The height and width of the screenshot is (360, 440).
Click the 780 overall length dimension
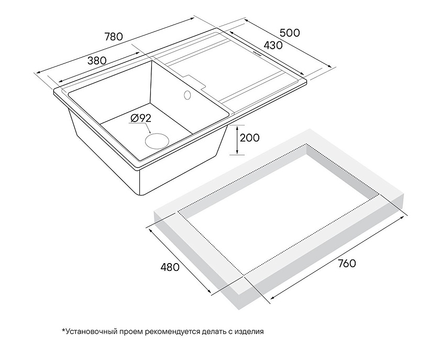114,37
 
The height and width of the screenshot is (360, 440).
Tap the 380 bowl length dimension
97,61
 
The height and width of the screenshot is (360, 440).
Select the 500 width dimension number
290,33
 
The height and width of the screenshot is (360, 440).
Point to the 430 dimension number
273,45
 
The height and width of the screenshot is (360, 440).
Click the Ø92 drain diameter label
140,118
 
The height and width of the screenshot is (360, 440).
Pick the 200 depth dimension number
250,138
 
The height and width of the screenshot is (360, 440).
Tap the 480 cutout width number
170,267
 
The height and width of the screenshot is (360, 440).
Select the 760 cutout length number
347,263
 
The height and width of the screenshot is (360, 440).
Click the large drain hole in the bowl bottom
157,140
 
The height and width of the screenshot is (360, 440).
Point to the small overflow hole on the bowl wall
187,95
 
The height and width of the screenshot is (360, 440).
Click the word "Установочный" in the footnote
91,332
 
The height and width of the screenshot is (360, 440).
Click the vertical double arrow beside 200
237,139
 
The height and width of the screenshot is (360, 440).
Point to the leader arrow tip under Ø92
151,133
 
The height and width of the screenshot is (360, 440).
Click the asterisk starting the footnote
63,330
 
